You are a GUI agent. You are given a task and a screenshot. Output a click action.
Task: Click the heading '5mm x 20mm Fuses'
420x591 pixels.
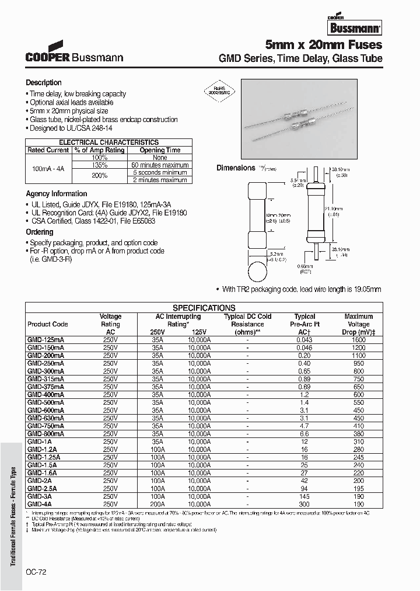coord(324,45)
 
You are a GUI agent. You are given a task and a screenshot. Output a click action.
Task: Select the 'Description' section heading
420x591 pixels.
coord(44,83)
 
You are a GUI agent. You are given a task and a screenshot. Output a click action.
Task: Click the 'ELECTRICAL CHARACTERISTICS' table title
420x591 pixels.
coord(109,142)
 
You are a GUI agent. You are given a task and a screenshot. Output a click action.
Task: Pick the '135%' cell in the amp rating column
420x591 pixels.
coord(99,165)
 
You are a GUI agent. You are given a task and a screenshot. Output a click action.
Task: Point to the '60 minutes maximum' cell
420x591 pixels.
coord(159,165)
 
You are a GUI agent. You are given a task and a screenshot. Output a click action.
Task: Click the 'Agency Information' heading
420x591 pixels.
coord(57,193)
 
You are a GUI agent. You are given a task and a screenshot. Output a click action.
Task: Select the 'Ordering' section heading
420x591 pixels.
coord(40,232)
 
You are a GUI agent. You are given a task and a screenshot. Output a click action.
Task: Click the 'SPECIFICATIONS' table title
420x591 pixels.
coord(204,308)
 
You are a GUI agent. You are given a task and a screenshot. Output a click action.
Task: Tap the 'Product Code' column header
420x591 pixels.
coord(48,324)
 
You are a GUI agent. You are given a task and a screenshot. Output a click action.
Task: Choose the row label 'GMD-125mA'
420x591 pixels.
coord(46,339)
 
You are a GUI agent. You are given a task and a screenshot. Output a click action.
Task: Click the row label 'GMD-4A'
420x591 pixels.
coord(40,503)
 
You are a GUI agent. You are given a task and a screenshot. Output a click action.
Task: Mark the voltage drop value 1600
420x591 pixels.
coord(358,339)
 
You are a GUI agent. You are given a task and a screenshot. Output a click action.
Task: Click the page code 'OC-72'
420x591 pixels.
coord(36,573)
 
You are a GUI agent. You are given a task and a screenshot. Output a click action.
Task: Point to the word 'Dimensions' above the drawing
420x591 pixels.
coord(236,168)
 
